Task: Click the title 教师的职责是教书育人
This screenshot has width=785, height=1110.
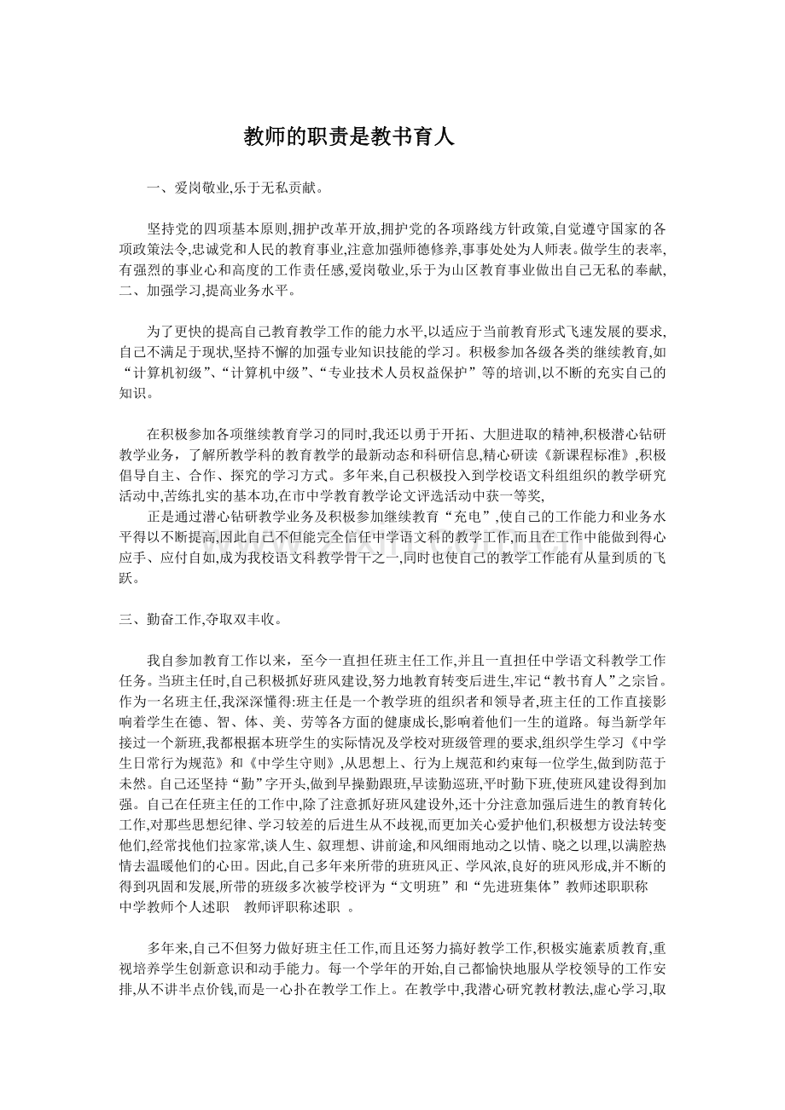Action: (x=349, y=136)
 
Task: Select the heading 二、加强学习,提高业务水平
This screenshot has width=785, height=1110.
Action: (x=207, y=291)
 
